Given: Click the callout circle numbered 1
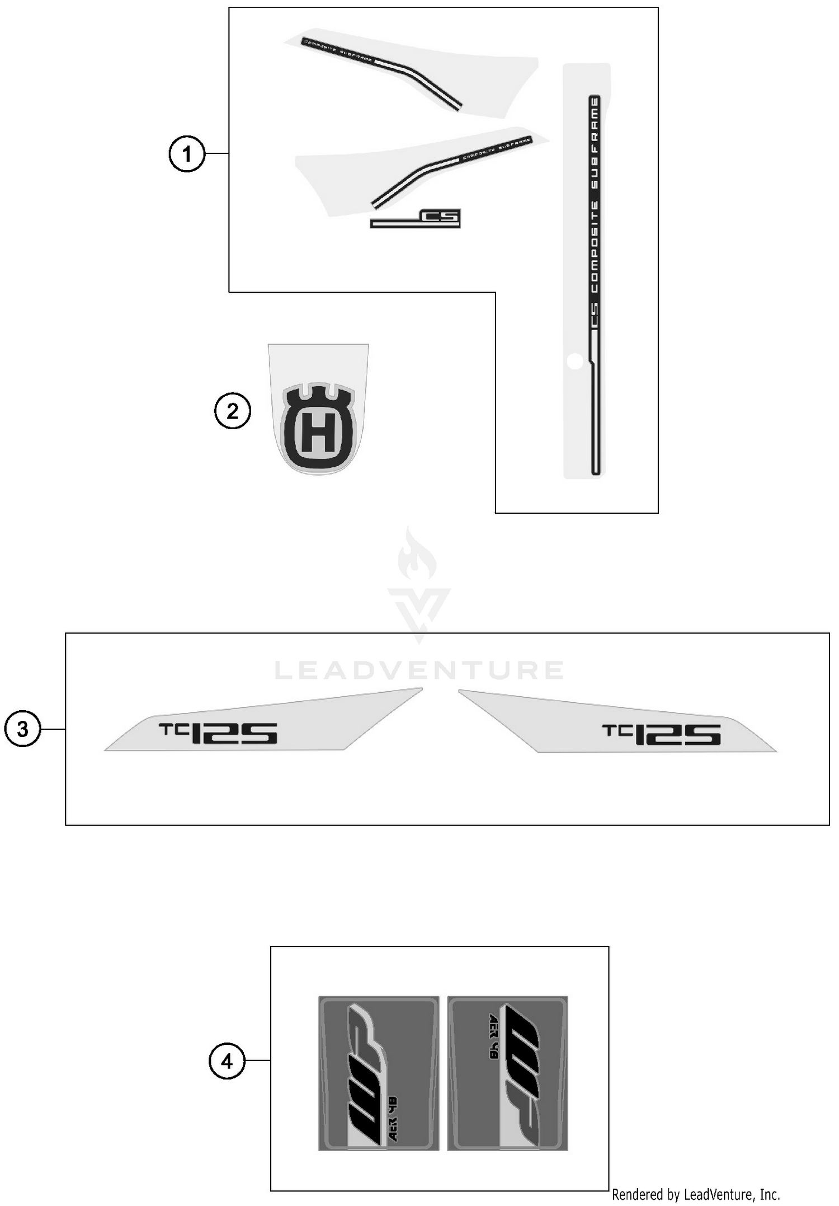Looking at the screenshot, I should click(x=187, y=153).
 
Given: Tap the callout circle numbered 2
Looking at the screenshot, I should click(x=232, y=411).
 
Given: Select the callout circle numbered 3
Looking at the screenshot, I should click(x=22, y=729).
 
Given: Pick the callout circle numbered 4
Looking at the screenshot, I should click(x=227, y=1060).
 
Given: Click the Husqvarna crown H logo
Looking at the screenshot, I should click(x=318, y=428).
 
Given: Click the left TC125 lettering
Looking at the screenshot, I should click(x=218, y=733).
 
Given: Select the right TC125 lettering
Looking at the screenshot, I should click(x=661, y=734).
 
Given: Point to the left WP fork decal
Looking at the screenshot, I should click(x=379, y=1073).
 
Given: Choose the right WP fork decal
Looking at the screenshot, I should click(x=507, y=1073).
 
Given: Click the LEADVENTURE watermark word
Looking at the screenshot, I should click(x=419, y=670).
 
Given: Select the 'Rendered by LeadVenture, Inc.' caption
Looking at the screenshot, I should click(x=695, y=1195).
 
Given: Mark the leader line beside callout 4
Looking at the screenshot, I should click(x=258, y=1060).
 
